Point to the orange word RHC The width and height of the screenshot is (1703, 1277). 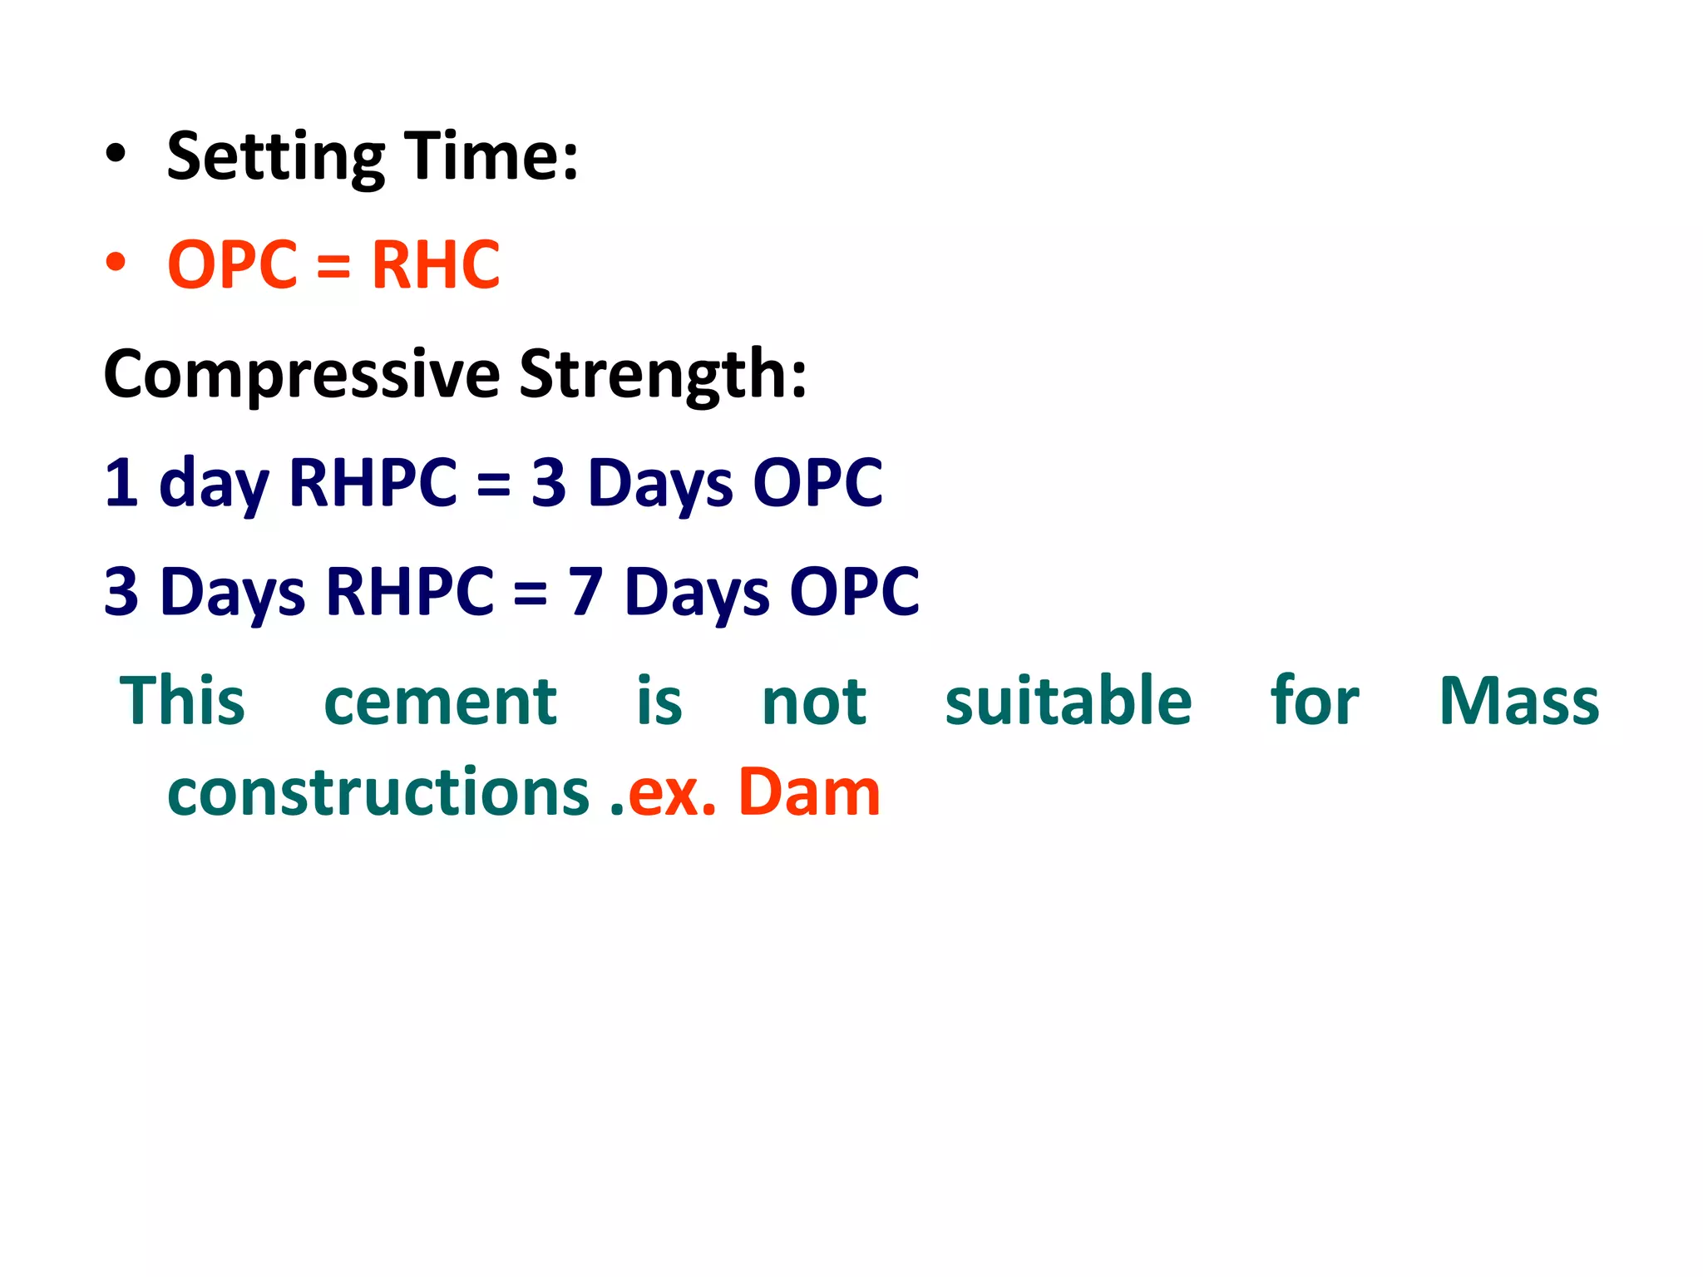436,265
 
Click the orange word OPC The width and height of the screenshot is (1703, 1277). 232,265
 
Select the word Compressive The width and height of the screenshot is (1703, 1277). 302,374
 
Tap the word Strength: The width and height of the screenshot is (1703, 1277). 663,374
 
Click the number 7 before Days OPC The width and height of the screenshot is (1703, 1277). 585,591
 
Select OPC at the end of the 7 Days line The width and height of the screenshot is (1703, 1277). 854,591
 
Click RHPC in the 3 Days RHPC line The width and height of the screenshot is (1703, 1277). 410,591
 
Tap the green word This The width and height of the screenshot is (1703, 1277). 183,701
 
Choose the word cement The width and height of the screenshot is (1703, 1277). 440,701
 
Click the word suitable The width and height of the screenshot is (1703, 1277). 1068,701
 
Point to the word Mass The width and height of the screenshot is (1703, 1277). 1518,701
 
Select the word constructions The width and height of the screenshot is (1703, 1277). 378,791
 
